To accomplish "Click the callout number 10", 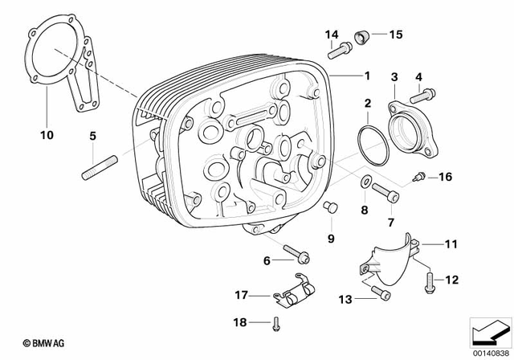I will click(47, 135).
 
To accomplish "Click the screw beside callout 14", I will click(340, 50).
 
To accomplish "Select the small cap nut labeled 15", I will click(363, 36).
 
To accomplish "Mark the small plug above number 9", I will click(328, 209).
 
